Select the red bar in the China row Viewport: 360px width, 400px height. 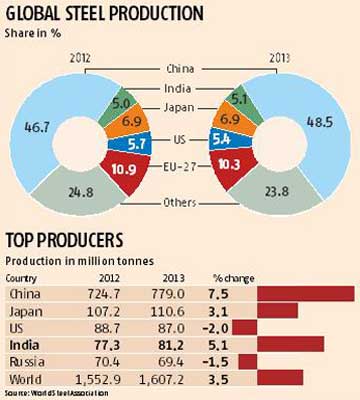click(x=304, y=294)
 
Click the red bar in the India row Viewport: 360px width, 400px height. click(x=289, y=341)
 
